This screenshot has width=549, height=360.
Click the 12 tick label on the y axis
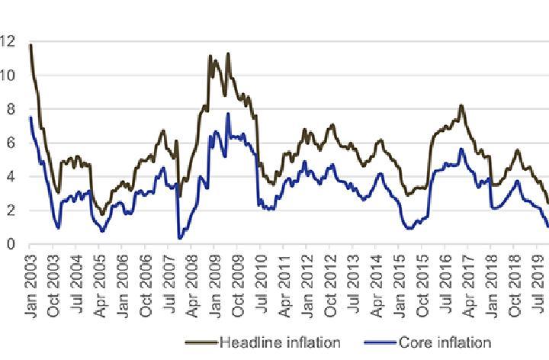pos(9,42)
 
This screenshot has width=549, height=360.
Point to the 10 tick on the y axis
pos(9,76)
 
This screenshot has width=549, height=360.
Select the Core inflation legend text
pos(442,342)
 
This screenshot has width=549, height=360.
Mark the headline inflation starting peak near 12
pos(30,45)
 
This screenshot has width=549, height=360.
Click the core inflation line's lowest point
pos(180,239)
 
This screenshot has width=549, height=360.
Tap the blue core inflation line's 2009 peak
pos(228,114)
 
